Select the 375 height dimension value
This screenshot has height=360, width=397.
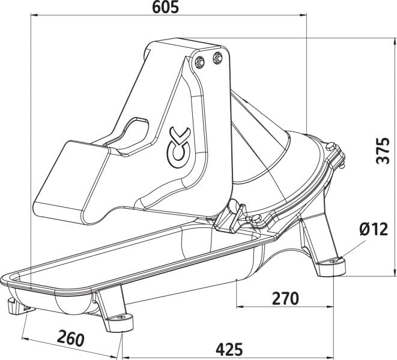(x=384, y=151)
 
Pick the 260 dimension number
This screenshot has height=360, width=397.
(x=70, y=337)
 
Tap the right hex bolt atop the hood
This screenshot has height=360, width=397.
(x=217, y=58)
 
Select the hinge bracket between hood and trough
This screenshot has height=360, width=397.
(x=232, y=217)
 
